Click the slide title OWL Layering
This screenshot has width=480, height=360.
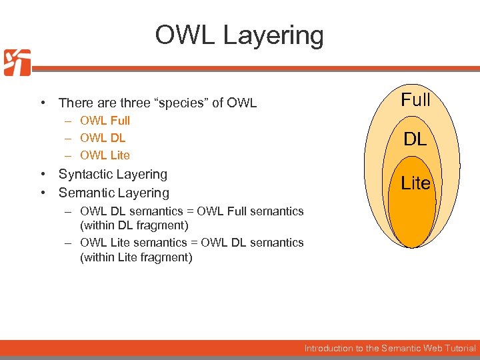coord(239,35)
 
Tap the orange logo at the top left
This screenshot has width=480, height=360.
coord(17,63)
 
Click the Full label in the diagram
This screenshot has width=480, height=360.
coord(415,100)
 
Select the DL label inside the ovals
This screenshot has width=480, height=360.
coord(415,139)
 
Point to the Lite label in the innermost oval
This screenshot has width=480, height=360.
coord(415,183)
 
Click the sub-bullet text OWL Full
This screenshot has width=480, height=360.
coord(105,121)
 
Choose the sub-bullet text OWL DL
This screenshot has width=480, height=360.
coord(103,138)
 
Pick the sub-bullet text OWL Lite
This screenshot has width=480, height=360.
coord(105,155)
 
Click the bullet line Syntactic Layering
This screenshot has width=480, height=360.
coord(113,174)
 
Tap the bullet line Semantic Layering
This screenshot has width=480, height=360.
coord(114,193)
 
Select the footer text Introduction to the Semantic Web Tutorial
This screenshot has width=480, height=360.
coord(390,348)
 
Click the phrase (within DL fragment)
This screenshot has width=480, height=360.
coord(134,225)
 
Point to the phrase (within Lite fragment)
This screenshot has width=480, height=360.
coord(136,257)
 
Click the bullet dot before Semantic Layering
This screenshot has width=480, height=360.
coord(42,193)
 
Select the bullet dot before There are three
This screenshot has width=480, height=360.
coord(42,103)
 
